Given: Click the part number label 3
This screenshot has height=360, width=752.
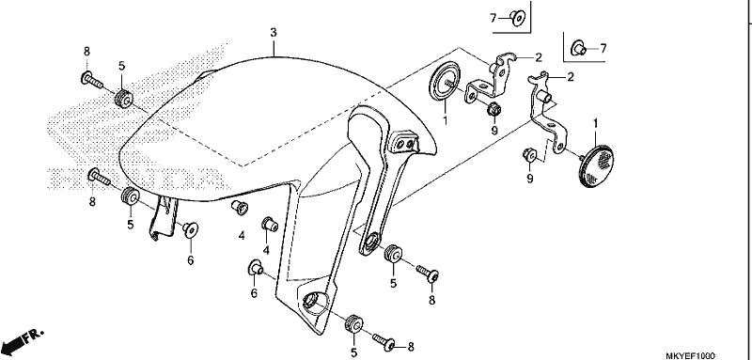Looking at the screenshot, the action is [x=273, y=33].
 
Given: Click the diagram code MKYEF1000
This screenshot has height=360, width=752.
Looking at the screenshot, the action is [x=690, y=355].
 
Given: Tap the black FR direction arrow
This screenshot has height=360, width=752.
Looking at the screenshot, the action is [x=22, y=340].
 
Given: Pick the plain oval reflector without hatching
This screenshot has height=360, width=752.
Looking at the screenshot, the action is [x=444, y=82].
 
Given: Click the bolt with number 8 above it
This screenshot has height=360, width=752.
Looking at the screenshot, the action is [x=92, y=80].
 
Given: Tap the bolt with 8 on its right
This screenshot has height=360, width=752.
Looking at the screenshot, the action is [x=388, y=343].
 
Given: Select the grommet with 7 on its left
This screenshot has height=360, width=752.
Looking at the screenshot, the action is [x=518, y=19].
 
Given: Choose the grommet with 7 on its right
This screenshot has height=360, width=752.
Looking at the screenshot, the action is [x=578, y=48].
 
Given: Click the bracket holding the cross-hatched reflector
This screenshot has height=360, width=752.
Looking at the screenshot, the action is [x=547, y=113].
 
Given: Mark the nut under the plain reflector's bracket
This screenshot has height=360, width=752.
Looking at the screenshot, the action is [x=493, y=109].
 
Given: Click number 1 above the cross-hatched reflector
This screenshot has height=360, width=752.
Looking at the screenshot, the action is [x=596, y=124].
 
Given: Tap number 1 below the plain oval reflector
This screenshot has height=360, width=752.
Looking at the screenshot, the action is [x=445, y=119].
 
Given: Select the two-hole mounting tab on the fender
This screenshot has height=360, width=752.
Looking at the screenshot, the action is [x=403, y=142].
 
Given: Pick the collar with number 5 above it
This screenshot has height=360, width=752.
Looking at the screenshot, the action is [x=124, y=99].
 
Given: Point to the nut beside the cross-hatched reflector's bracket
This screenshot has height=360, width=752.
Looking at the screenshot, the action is [x=530, y=154].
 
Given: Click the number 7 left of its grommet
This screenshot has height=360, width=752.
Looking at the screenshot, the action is [x=493, y=18].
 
